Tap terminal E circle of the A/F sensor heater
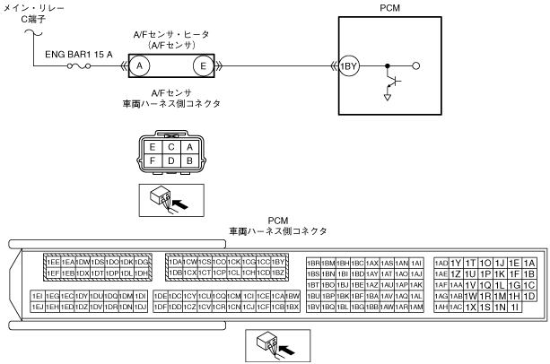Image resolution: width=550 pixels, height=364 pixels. coord(205,66)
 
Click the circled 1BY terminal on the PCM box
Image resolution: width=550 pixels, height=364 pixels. coord(348,66)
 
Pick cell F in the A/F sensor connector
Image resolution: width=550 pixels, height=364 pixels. coord(155,160)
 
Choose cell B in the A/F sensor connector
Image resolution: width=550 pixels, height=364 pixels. coord(188,160)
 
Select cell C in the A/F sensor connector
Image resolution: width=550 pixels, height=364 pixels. coord(171,147)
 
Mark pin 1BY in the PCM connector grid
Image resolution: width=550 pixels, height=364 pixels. coord(278,261)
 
